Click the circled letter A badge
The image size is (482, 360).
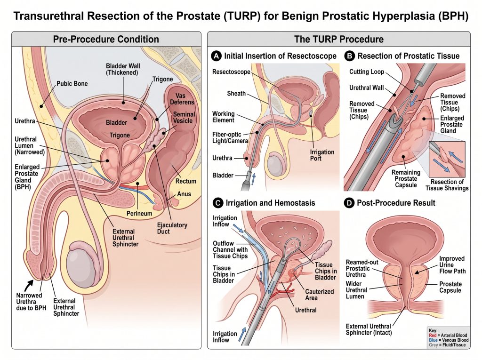(x=217, y=56)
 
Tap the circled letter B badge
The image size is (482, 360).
(x=349, y=56)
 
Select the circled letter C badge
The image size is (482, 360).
(x=218, y=203)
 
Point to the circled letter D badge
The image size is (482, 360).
(x=349, y=203)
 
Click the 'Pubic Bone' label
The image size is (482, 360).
(x=72, y=84)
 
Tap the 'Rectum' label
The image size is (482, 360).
(x=185, y=181)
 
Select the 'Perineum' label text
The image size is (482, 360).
(x=139, y=213)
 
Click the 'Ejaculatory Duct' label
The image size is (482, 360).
(x=172, y=228)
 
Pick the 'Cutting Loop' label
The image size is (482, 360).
(x=366, y=72)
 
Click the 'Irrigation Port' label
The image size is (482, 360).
(x=322, y=155)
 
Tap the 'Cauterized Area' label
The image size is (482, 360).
(x=320, y=295)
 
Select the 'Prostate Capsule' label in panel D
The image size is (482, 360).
(x=450, y=287)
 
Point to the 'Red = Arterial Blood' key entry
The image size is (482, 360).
(x=448, y=335)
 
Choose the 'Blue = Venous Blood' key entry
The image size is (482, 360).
(x=449, y=340)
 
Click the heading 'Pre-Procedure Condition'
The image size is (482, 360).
(x=106, y=40)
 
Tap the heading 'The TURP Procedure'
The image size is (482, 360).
(x=339, y=40)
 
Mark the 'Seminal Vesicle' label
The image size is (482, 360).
(x=184, y=118)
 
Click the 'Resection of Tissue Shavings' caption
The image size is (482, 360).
(x=447, y=185)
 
